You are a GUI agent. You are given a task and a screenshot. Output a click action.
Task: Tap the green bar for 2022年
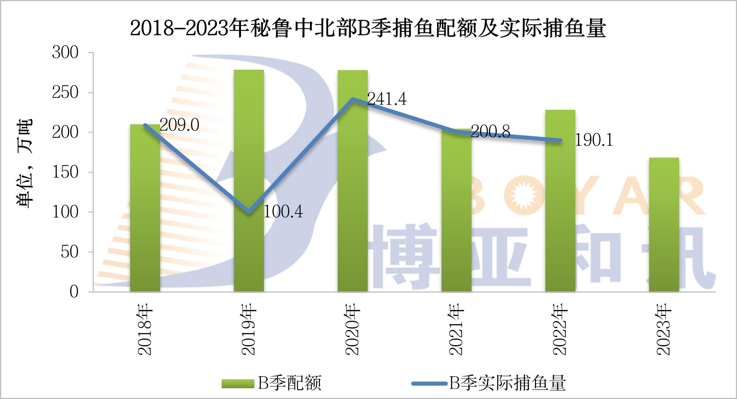[x=560, y=200]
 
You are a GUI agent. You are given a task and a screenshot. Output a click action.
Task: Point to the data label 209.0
[x=179, y=125]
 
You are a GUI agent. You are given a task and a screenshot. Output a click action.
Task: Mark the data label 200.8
[x=490, y=132]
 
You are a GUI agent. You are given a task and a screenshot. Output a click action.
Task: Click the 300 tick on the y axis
[x=65, y=53]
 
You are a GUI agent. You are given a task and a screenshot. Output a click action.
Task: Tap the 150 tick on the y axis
[x=65, y=172]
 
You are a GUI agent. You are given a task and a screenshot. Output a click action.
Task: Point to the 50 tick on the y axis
[x=70, y=252]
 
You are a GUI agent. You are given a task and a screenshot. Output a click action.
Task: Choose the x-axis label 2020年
[x=352, y=329]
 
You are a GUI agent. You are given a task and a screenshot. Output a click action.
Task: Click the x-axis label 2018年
[x=145, y=329]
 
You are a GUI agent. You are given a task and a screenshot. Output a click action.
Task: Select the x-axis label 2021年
[x=456, y=329]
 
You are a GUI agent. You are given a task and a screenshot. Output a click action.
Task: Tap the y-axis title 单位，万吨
[x=24, y=163]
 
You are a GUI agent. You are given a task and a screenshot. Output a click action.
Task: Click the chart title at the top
[x=368, y=28]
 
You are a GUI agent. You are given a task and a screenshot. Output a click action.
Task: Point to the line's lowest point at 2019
[x=249, y=212]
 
